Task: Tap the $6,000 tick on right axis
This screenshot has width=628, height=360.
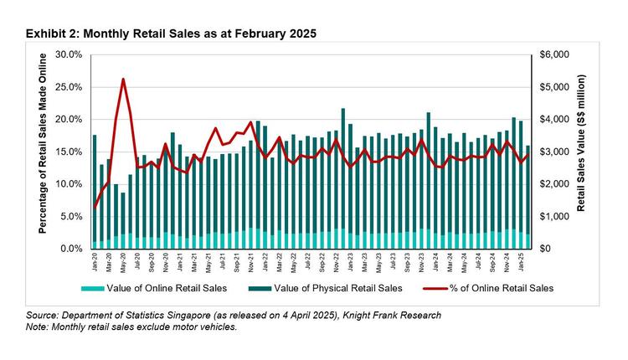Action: coord(554,54)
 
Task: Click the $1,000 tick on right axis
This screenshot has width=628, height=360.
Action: coord(554,216)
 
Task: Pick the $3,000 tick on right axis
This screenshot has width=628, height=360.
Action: coord(554,152)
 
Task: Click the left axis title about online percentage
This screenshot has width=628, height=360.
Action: coord(42,152)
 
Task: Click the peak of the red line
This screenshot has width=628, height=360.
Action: coord(123,80)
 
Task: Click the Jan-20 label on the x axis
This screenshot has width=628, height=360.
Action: coord(95,263)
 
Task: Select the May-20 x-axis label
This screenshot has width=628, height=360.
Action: coord(124,263)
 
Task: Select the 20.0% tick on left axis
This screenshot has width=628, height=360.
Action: coord(69,119)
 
